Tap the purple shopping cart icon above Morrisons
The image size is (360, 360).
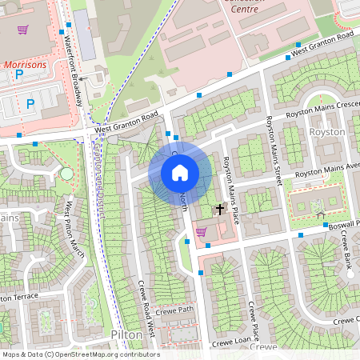point(22,30)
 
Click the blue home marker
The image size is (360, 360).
point(180,173)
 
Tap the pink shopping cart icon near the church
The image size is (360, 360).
point(201,231)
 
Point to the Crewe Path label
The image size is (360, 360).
point(175,311)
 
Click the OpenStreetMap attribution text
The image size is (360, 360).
point(80,354)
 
